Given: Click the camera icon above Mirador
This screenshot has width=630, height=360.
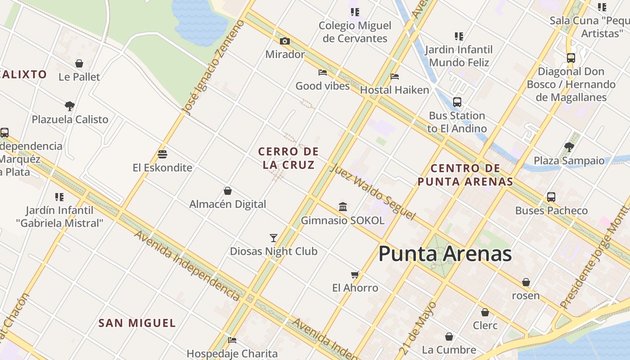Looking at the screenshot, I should tap(284, 41).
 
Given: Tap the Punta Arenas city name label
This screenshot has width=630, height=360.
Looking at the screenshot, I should tap(445, 254).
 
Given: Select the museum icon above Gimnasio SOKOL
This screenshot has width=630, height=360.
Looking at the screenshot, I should tap(343, 207).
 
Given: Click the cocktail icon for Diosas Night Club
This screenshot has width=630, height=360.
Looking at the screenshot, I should tap(274, 238).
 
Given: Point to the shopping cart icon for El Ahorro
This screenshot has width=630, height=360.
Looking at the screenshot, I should tap(355, 274).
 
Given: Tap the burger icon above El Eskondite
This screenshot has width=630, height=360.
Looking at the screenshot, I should tap(162, 154).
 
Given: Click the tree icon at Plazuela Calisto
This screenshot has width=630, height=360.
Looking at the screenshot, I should tap(70, 106).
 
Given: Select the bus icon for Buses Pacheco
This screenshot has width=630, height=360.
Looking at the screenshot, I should tap(551, 197).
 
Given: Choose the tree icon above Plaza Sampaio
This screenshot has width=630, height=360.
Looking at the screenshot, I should tap(569, 147).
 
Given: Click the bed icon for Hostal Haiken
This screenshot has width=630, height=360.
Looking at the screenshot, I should tap(395, 76).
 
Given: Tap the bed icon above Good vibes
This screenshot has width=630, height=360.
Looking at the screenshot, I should tap(323, 72).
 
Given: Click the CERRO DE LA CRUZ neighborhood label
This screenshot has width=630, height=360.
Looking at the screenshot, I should tap(288, 158).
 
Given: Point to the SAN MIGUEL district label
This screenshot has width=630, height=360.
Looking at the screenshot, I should tap(137, 323).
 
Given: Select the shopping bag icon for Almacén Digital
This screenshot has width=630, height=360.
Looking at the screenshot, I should tap(228, 191).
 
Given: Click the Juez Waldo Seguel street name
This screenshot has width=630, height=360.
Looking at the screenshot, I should tap(372, 192).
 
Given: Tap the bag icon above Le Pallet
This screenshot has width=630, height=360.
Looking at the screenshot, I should tap(79, 63).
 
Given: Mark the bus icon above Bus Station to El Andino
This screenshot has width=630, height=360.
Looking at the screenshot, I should tap(457, 102).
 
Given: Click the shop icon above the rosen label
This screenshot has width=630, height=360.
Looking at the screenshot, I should tap(526, 282).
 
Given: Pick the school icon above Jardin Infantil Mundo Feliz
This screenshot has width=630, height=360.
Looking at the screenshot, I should tap(459, 36).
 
